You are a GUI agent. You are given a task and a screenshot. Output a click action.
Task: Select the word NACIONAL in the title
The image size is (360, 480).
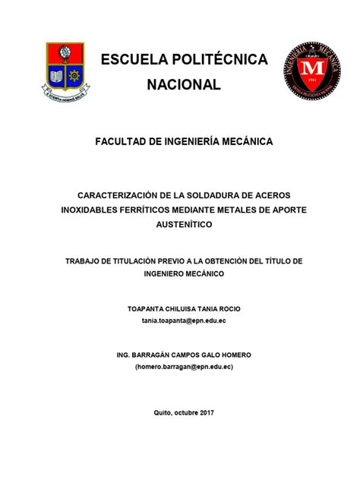pyautogui.click(x=184, y=84)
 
